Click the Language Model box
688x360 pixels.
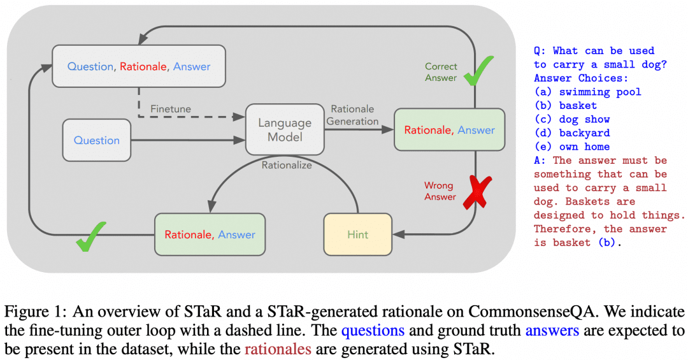pos(285,129)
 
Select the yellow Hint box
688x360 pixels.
pos(357,234)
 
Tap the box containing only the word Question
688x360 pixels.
pos(97,140)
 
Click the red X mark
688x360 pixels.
pos(478,191)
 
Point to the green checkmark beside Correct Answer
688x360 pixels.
pos(478,71)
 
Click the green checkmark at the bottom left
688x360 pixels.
pos(90,236)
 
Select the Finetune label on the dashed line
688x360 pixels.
pos(171,108)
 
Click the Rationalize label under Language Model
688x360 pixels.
pos(287,165)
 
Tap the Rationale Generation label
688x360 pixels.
pos(352,115)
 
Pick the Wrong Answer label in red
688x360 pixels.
pos(440,191)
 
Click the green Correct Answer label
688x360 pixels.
pos(441,72)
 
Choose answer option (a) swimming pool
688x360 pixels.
pos(587,92)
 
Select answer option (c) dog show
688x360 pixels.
pos(571,119)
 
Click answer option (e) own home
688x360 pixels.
pos(571,147)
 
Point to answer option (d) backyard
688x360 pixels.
pos(571,133)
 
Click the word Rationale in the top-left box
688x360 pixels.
pos(143,66)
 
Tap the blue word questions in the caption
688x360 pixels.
pos(373,330)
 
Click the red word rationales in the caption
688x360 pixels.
pos(278,349)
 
